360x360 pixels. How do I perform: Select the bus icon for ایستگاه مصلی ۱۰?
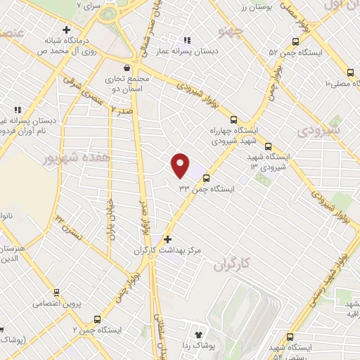tap(350, 72)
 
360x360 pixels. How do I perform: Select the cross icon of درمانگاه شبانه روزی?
tap(65, 30)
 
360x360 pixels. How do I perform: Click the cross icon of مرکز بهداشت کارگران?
tap(167, 240)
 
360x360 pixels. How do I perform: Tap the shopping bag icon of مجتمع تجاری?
tap(126, 68)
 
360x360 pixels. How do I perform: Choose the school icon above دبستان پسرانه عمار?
tap(186, 40)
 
